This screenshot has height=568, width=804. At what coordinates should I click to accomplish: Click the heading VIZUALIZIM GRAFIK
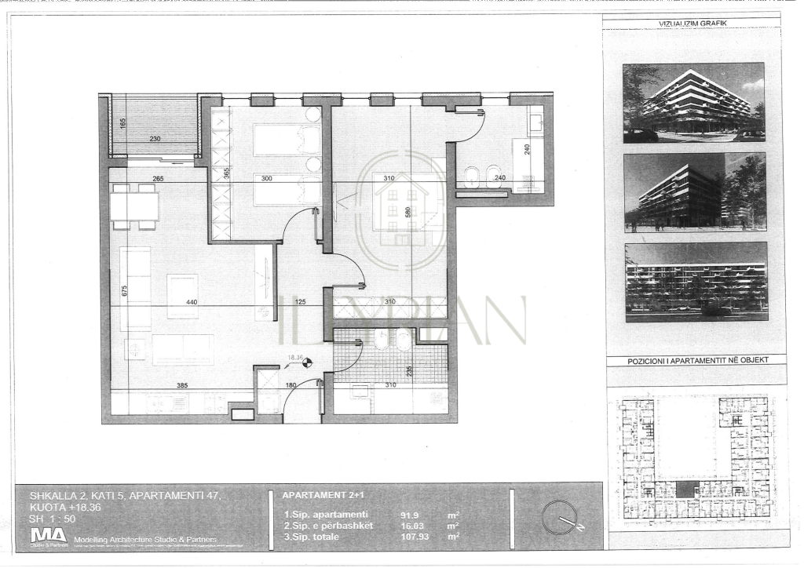(693, 24)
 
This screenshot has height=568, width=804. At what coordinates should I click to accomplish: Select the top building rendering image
(693, 102)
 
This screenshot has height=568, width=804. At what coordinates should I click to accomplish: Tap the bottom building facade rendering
(696, 282)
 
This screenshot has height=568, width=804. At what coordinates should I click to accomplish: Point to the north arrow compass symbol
(560, 517)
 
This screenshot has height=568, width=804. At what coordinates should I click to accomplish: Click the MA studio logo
(48, 536)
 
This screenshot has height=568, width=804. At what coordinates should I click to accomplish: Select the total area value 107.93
(413, 537)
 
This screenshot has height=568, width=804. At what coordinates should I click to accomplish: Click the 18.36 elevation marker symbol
(308, 362)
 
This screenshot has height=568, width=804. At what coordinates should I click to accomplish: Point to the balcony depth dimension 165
(122, 123)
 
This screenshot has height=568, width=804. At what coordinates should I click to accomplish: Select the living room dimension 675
(124, 290)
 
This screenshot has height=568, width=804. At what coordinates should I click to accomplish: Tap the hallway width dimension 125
(299, 301)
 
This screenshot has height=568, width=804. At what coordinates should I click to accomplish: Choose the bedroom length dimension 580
(407, 212)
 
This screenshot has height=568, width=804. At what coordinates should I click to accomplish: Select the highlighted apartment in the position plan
(687, 489)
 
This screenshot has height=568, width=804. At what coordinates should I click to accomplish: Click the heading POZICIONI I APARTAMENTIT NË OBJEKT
(696, 360)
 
